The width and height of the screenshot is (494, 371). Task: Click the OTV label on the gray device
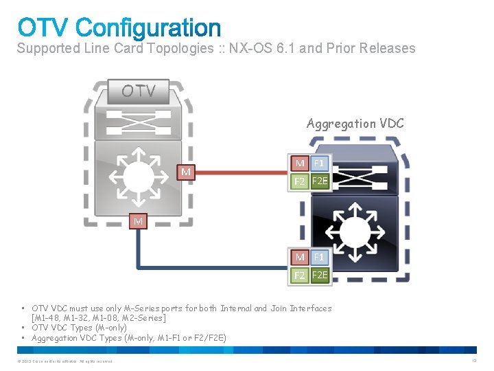139,91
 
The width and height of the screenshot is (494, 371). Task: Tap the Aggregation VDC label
355,124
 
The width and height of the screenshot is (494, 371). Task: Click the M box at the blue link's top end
139,221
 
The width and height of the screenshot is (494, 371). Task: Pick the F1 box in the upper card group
319,164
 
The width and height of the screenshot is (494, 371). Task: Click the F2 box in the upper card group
300,181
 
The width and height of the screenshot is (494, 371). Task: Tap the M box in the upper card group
300,164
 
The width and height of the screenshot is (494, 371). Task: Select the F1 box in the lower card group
319,257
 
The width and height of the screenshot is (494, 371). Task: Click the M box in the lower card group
300,257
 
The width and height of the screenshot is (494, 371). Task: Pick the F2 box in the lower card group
300,275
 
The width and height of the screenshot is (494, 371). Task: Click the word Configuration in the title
148,28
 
